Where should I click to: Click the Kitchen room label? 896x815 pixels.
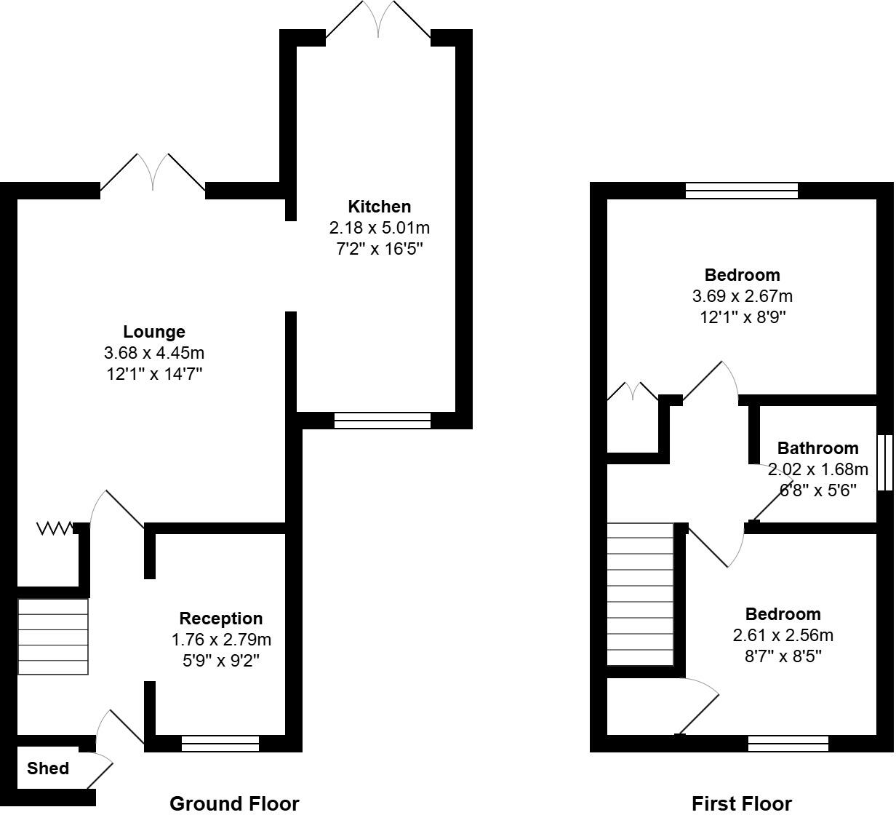[x=379, y=207]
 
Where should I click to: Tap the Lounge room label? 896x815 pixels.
[x=153, y=333]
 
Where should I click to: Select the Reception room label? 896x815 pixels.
[x=221, y=619]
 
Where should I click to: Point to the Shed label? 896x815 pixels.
[x=48, y=768]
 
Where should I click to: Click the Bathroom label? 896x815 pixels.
[x=817, y=448]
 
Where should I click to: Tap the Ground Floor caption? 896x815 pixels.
[x=234, y=803]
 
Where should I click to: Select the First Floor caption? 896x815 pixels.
[x=741, y=803]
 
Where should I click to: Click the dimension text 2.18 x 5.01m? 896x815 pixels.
[x=379, y=228]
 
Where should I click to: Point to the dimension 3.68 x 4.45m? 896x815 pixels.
[x=153, y=354]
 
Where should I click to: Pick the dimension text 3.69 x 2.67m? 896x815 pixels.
[x=742, y=296]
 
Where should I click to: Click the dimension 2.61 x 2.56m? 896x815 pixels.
[x=783, y=635]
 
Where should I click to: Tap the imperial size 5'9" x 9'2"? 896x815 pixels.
[x=221, y=661]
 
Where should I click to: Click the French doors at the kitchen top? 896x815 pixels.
[x=378, y=20]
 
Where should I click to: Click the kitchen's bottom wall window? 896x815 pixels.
[x=383, y=421]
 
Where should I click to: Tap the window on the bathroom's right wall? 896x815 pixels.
[x=884, y=463]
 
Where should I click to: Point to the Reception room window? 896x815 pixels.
[x=220, y=743]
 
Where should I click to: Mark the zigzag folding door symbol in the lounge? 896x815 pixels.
[x=55, y=528]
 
